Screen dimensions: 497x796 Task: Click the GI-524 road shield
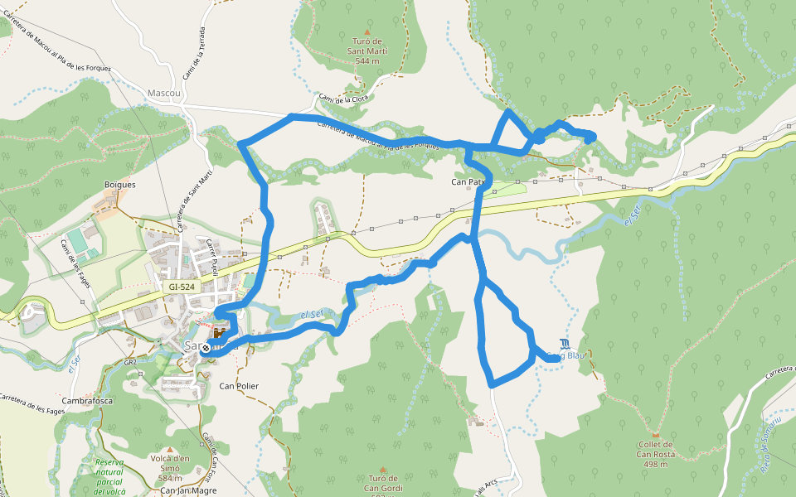(x=182, y=287)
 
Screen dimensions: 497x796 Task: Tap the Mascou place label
(x=164, y=94)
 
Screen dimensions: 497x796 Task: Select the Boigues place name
(x=119, y=185)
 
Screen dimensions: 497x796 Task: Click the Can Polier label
(x=239, y=386)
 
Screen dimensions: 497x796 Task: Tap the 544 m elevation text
(x=366, y=60)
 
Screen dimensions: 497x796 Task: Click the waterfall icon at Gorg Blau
(x=565, y=344)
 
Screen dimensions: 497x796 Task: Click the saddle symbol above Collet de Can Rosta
(x=656, y=434)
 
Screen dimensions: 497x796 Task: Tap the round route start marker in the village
(x=206, y=348)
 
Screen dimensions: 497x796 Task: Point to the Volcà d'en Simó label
(x=171, y=468)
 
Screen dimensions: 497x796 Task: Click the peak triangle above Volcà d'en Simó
(x=171, y=450)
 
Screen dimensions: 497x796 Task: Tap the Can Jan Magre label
(x=188, y=490)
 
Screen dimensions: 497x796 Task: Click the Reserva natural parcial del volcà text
(x=109, y=477)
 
